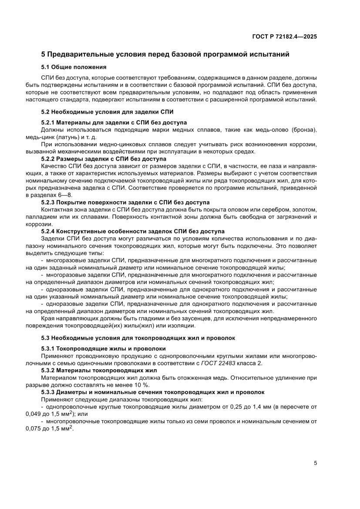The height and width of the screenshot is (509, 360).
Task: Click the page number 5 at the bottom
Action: [x=315, y=463]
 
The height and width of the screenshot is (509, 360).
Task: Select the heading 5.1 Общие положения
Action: [x=74, y=67]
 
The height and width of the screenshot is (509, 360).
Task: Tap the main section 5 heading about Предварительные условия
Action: [x=165, y=55]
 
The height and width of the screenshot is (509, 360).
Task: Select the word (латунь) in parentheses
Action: [x=67, y=137]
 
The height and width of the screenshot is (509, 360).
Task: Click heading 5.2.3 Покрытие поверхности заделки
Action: [x=125, y=202]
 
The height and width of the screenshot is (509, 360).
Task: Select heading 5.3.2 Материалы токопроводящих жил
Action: [x=99, y=370]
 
